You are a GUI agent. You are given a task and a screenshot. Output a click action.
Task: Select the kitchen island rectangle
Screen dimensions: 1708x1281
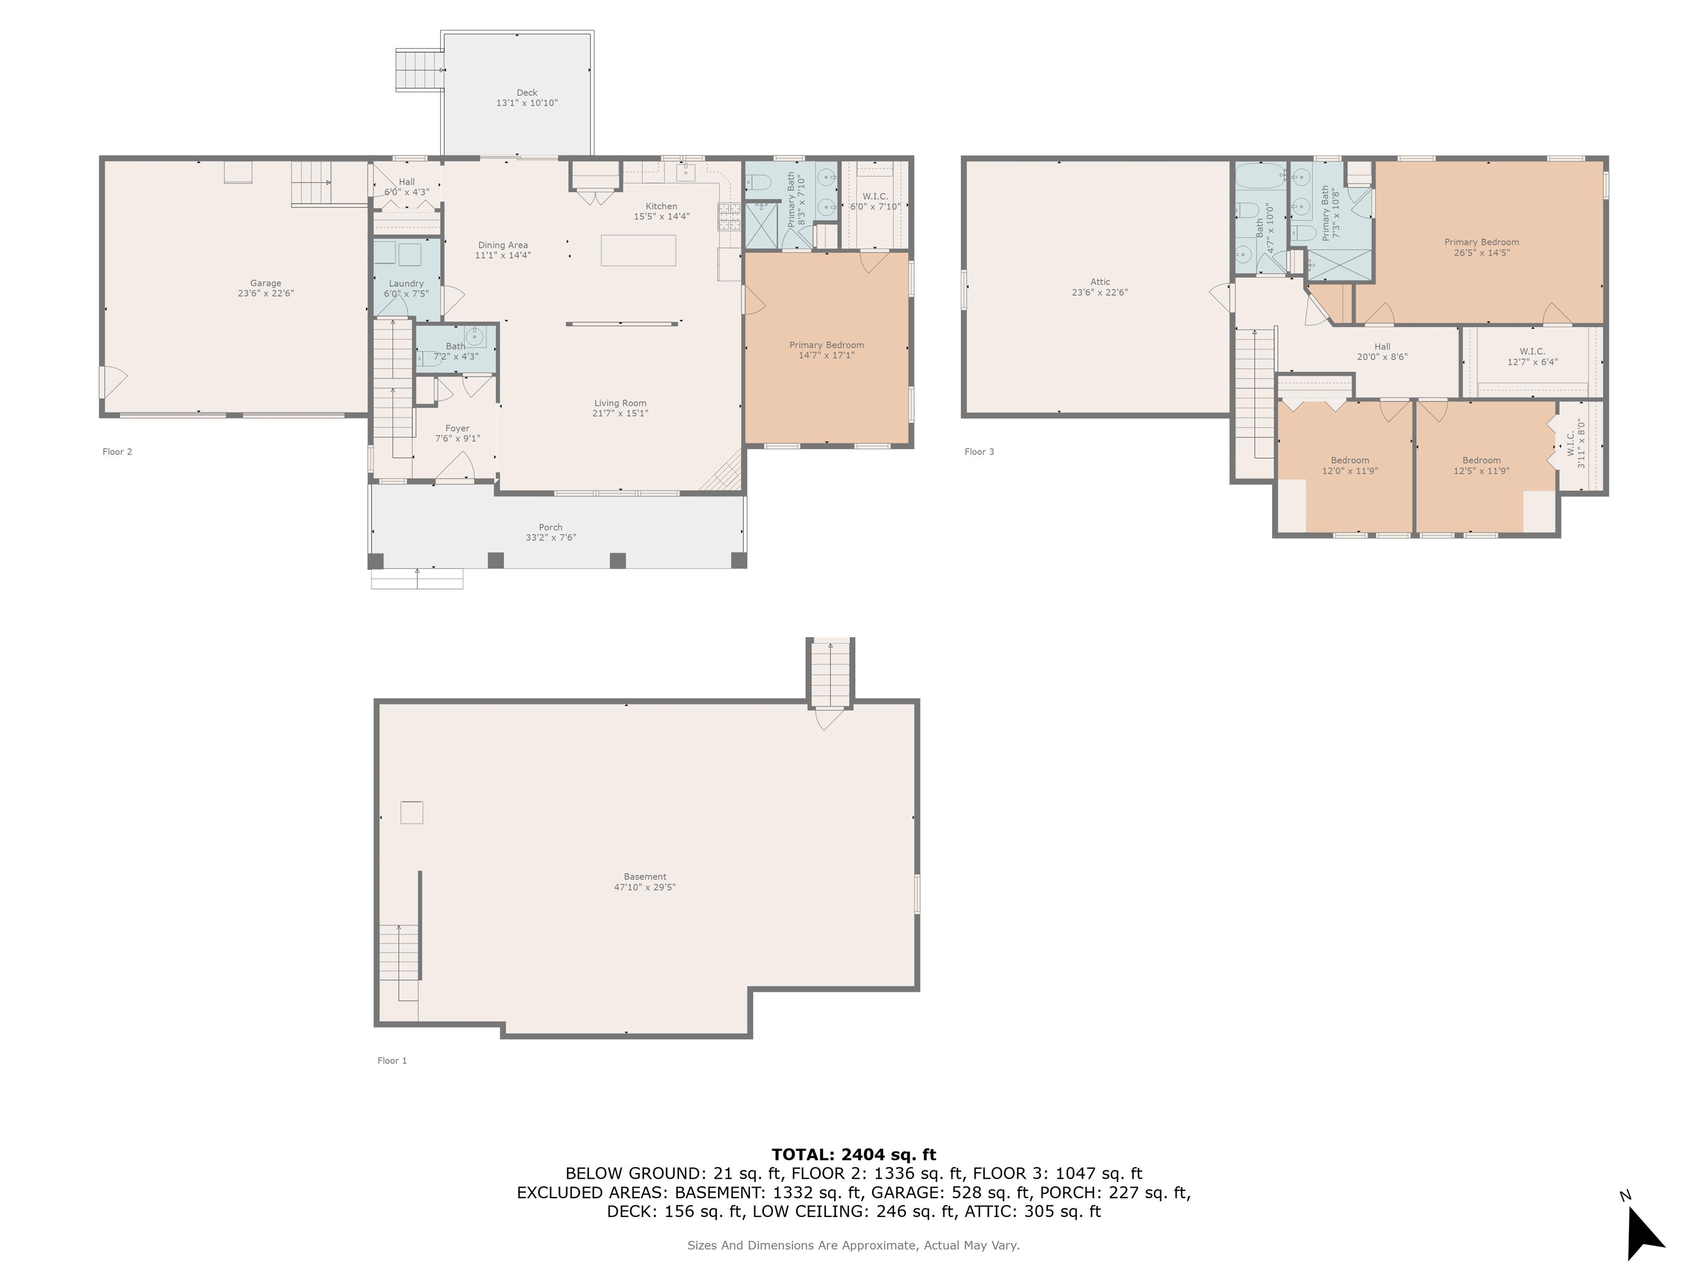[x=639, y=250]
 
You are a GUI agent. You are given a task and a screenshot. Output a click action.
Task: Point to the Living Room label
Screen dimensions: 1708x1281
[x=620, y=403]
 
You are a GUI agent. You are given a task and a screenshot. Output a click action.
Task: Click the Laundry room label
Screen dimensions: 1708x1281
[x=406, y=284]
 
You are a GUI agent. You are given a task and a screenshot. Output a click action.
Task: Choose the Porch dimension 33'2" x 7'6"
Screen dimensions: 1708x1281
[x=550, y=538]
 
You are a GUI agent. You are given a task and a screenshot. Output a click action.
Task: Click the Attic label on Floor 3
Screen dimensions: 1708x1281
[x=1100, y=282]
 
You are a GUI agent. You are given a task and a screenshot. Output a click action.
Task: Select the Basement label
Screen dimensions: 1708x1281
[x=645, y=876]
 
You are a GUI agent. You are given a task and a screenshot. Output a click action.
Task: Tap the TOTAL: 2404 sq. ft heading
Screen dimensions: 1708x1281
[x=854, y=1154]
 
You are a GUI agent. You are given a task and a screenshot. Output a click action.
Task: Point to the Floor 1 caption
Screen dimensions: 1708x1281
[x=393, y=1060]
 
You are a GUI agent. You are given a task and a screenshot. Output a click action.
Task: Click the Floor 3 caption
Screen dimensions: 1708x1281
[x=979, y=451]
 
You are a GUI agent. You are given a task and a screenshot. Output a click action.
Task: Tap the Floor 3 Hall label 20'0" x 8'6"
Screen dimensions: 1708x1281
[x=1382, y=347]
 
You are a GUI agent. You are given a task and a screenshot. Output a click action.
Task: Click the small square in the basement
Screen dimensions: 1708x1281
[x=411, y=812]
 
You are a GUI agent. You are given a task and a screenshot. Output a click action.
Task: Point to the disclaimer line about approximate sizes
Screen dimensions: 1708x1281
[x=853, y=1245]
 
